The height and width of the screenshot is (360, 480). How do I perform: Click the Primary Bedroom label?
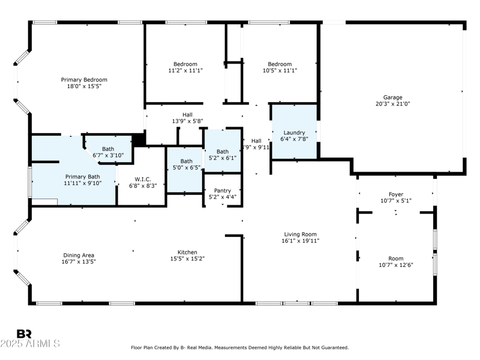(x=84, y=80)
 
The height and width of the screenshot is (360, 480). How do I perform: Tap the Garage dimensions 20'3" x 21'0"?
(x=393, y=103)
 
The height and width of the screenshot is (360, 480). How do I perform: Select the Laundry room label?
(x=295, y=133)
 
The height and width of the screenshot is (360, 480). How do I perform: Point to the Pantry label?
(x=223, y=190)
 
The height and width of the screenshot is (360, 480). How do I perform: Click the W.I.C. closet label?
(x=143, y=178)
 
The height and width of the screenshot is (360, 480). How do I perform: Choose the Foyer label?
(x=395, y=194)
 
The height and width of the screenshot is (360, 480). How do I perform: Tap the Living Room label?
(x=301, y=234)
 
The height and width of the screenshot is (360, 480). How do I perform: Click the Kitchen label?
(x=187, y=252)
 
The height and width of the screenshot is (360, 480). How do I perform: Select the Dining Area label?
(x=78, y=254)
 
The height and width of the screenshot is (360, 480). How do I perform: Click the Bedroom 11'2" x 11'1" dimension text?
(x=185, y=71)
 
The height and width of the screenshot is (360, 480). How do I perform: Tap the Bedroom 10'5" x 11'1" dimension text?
(x=280, y=71)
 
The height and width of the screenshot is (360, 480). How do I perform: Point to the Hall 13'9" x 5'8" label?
(x=188, y=115)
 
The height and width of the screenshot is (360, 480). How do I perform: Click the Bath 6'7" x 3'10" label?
(x=108, y=149)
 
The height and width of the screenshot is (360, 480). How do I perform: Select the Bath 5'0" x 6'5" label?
(x=187, y=161)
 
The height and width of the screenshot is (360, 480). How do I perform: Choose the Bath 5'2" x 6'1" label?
(x=223, y=151)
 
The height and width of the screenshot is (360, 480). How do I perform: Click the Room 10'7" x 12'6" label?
(x=395, y=258)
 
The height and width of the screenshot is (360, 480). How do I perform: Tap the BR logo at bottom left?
(x=24, y=334)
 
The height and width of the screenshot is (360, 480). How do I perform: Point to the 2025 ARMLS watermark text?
(x=30, y=344)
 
